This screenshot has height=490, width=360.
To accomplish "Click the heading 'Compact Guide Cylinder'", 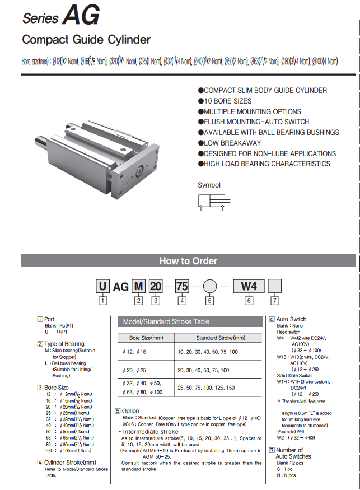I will pos(86,40).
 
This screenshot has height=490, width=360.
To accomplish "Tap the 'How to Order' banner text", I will pos(188,261).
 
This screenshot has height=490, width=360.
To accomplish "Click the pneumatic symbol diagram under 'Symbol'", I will pos(212,203).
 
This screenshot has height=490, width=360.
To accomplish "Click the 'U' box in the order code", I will pos(102,287).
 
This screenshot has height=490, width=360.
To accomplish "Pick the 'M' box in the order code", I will pos(138,287).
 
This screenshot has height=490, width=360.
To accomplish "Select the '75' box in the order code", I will pos(182,287).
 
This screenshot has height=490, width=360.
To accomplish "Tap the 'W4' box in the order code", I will pos(248,287).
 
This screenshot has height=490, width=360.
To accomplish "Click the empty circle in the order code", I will pos(209,287).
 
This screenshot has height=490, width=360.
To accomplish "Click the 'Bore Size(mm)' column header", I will pos(146,338).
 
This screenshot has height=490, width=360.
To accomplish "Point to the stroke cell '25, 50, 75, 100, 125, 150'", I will pos(206,388).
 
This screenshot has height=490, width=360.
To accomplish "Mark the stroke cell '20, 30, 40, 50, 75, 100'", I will pos(203,370).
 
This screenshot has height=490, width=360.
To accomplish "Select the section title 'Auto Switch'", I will pos(292,319).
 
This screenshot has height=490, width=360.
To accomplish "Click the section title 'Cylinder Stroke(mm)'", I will pos(71,462).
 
